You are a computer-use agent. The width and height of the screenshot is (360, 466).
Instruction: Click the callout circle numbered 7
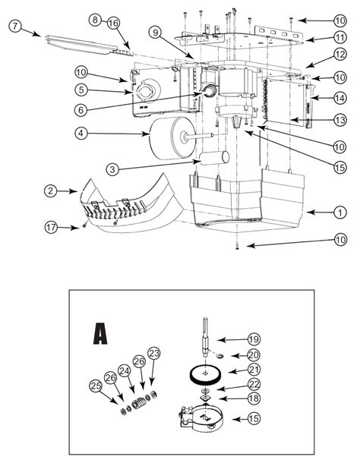(x=15, y=26)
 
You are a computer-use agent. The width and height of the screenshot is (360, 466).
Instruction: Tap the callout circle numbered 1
(x=339, y=213)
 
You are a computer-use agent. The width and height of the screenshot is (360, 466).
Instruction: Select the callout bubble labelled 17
(x=51, y=228)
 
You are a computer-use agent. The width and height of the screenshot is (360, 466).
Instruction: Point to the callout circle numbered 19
(x=254, y=339)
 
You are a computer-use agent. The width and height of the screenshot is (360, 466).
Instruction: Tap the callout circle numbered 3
(x=112, y=169)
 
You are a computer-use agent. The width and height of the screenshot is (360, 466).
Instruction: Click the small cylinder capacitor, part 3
(x=214, y=158)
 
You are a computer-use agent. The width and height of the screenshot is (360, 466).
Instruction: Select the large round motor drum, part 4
(x=172, y=138)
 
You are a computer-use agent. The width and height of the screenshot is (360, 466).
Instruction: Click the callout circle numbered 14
(x=339, y=98)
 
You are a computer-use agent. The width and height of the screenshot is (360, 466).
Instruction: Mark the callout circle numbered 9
(x=155, y=32)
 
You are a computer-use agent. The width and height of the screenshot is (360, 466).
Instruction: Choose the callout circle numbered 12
(x=339, y=55)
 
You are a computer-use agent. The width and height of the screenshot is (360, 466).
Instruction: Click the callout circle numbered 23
(x=154, y=353)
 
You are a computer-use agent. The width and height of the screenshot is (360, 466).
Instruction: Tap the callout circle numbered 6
(x=81, y=110)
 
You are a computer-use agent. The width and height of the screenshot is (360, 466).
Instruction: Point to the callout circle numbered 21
(x=254, y=370)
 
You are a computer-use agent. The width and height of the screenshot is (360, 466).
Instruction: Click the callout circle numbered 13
(x=339, y=120)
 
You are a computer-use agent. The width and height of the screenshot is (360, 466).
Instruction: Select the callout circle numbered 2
(x=51, y=190)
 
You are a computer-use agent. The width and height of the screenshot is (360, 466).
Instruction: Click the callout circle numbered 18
(x=254, y=398)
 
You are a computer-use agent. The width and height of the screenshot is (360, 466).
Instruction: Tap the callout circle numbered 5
(x=81, y=90)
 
